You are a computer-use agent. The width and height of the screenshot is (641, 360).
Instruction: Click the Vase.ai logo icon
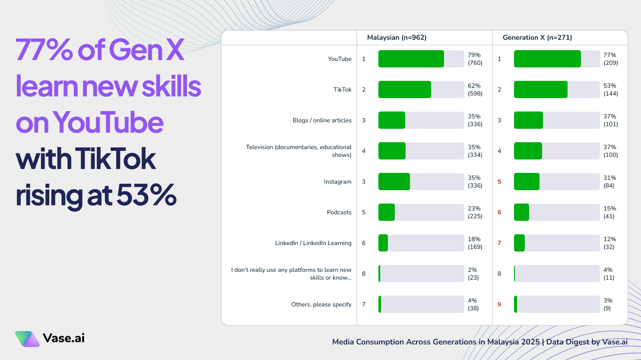point(27,339)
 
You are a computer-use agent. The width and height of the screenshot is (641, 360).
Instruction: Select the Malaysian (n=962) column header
point(397,38)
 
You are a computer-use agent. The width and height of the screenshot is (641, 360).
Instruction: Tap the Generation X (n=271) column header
point(537,38)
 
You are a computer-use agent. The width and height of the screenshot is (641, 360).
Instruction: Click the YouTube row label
point(340,59)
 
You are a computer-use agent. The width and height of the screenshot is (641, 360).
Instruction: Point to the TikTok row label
point(342,89)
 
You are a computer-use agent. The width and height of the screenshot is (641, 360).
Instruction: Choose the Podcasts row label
point(339,212)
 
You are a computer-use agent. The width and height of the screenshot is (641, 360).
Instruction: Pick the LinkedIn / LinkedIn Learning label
point(313,243)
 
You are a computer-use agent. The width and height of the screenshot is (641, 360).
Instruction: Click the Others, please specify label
point(321,304)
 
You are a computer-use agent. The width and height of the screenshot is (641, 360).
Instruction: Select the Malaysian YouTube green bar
point(411,59)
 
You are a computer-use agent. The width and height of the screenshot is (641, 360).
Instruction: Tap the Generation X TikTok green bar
point(540,89)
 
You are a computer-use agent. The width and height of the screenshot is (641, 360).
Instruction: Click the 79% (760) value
point(475,59)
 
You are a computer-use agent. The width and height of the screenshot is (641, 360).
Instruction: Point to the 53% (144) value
point(610,89)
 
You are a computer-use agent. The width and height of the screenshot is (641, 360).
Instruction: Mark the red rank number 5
point(499,182)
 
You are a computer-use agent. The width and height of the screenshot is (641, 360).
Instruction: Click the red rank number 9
point(499,304)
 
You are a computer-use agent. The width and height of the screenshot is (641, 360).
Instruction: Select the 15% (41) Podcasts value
point(609,212)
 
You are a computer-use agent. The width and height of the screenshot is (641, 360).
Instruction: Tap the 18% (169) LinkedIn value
point(475,243)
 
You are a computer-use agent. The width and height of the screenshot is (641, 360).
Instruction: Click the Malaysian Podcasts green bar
point(386,212)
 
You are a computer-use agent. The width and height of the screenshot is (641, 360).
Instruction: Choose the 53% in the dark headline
point(146,195)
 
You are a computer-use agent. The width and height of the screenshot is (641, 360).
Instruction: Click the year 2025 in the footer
point(530,342)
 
